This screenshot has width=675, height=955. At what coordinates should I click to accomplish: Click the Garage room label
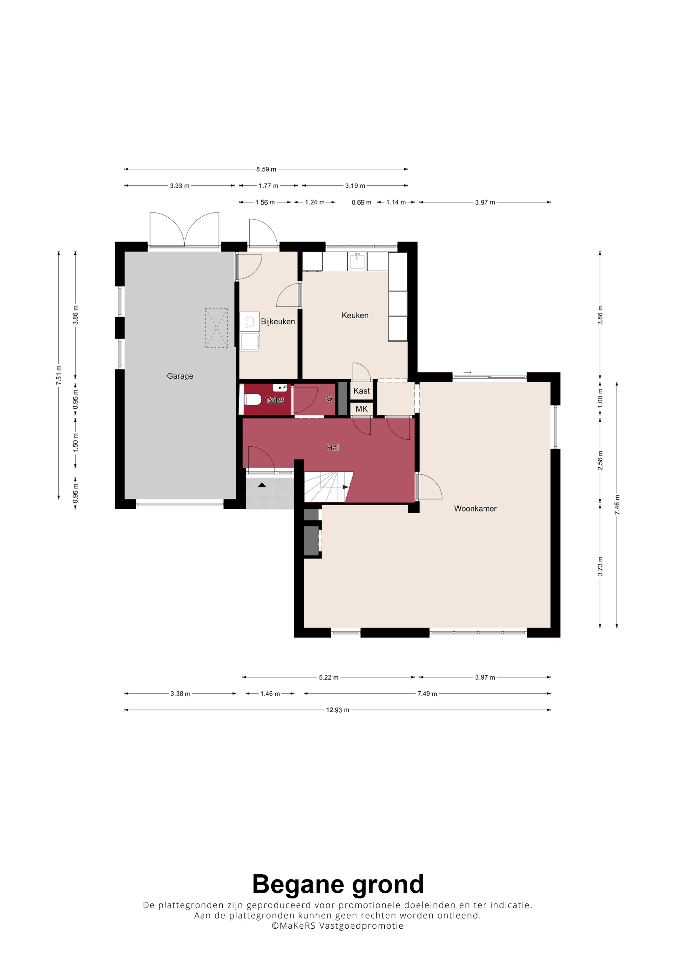click(x=180, y=376)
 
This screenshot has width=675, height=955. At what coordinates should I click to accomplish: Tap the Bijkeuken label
click(x=278, y=322)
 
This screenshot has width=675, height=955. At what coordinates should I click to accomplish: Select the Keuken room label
click(x=355, y=315)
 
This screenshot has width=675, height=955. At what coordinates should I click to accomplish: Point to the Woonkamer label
click(x=476, y=508)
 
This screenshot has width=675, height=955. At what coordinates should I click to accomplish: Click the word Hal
click(x=333, y=447)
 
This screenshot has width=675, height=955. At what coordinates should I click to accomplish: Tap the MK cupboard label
click(x=361, y=409)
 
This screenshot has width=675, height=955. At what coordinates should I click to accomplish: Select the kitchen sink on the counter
click(x=357, y=261)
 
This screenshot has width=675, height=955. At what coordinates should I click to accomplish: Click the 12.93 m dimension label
click(x=337, y=710)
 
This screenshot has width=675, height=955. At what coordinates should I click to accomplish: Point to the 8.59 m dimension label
click(x=266, y=169)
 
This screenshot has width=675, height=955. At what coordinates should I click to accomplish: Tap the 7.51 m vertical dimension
click(x=59, y=375)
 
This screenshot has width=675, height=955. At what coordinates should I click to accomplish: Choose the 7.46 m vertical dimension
click(x=617, y=505)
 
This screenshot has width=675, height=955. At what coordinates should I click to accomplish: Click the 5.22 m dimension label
click(x=329, y=678)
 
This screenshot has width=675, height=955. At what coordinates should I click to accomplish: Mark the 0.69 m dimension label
click(x=361, y=202)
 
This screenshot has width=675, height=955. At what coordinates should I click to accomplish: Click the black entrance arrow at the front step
click(x=262, y=485)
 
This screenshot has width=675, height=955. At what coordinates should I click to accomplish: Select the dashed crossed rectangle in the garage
click(x=216, y=328)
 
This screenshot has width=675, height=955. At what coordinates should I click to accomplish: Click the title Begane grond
click(x=338, y=885)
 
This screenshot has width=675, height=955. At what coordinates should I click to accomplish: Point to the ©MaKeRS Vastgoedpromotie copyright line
click(x=337, y=926)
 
